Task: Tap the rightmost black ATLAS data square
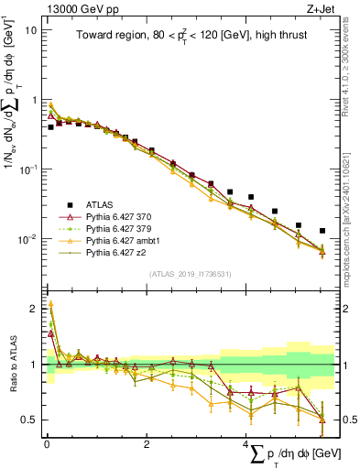[x=322, y=231]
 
